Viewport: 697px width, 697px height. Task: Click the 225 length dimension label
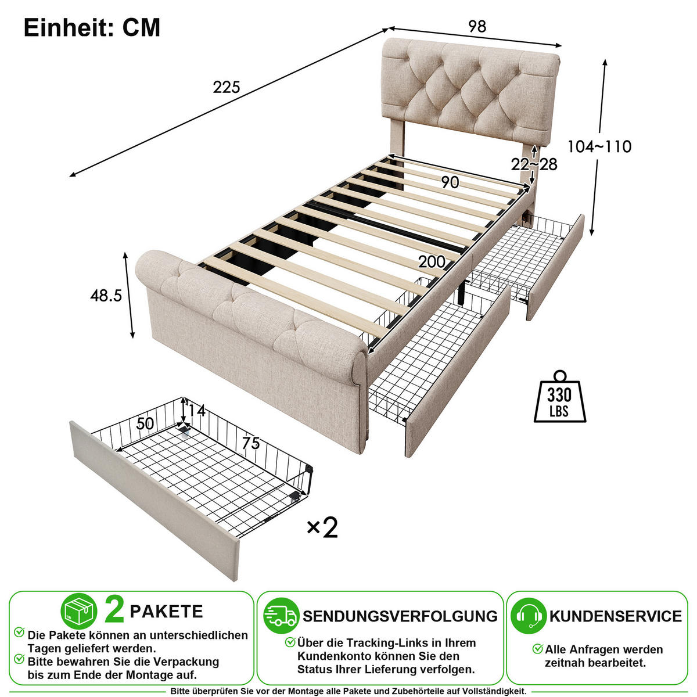pos(227,87)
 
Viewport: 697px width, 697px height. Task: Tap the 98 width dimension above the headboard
pos(477,26)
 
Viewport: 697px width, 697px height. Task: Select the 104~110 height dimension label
pos(599,146)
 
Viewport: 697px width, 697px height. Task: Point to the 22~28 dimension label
pos(534,164)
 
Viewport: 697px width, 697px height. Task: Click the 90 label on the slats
pos(450,182)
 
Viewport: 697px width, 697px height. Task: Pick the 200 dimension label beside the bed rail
pos(432,262)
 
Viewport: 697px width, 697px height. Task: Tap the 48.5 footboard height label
pos(106,296)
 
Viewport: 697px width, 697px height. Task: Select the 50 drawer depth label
pos(145,423)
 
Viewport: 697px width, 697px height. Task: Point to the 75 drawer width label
pos(251,443)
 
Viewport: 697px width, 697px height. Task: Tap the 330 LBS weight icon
pos(559,397)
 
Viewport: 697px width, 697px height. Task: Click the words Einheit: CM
pos(92,27)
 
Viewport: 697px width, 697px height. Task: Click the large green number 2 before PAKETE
pos(114,610)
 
